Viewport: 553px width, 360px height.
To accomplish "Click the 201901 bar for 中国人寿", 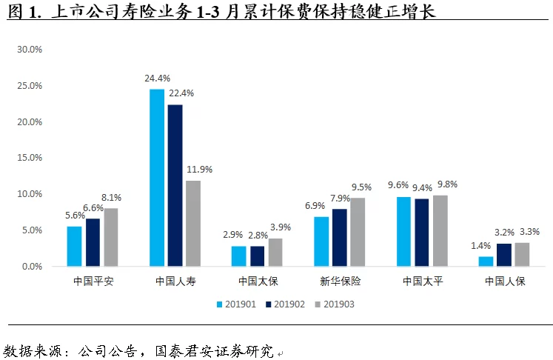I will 157,178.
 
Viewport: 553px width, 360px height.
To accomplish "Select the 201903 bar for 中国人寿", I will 192,223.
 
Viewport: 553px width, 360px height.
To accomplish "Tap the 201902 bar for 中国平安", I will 93,242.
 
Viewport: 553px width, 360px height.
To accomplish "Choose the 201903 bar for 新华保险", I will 358,232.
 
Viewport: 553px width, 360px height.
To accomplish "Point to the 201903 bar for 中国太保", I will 275,252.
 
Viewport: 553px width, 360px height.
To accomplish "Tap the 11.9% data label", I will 199,170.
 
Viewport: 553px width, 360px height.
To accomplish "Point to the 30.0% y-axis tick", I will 30,50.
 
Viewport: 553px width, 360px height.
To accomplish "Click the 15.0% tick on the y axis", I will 30,158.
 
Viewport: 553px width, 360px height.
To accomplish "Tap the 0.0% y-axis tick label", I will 33,266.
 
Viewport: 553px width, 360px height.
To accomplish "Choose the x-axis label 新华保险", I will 340,281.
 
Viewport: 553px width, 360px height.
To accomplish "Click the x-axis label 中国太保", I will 258,281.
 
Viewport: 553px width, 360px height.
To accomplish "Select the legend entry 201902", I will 289,304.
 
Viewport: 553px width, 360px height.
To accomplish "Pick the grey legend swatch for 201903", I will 318,304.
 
